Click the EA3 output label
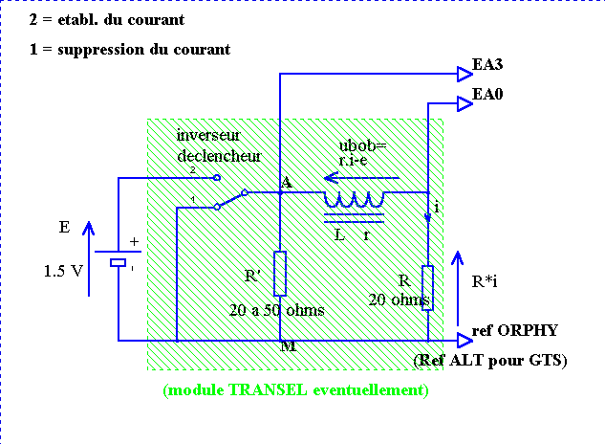(x=488, y=66)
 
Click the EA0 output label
(x=488, y=97)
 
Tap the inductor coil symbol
(x=353, y=199)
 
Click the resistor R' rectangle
(x=279, y=274)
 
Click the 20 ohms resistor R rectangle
(x=427, y=287)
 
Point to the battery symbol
(x=119, y=260)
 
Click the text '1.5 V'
(x=63, y=272)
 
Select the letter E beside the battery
(x=64, y=228)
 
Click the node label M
(x=288, y=346)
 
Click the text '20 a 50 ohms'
(x=277, y=310)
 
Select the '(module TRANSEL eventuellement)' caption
(x=295, y=390)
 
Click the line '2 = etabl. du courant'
(x=109, y=20)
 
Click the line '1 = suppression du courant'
(x=130, y=49)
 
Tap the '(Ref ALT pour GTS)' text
(x=489, y=361)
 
